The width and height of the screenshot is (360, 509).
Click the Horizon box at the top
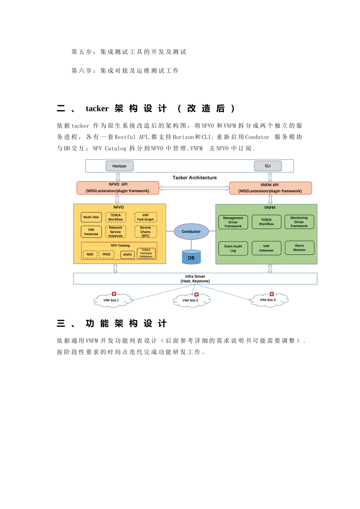pos(119,166)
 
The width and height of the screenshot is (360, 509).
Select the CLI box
pos(268,166)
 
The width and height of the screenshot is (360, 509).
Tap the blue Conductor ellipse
pos(191,231)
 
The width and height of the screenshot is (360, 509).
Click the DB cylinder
pos(191,257)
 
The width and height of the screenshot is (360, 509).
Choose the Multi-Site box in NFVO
pos(91,217)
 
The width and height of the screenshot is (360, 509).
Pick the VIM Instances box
pos(91,232)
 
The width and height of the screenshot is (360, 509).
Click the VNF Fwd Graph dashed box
pos(146,217)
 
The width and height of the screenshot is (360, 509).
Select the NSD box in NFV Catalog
pos(90,254)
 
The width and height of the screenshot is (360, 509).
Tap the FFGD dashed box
pos(106,254)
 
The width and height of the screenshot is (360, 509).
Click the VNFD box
pos(127,254)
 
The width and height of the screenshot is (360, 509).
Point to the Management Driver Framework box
pos(233,222)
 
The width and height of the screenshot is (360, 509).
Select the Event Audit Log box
pos(233,248)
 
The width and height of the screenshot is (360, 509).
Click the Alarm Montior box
pos(299,248)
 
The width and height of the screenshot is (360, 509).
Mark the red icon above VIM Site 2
pos(196,294)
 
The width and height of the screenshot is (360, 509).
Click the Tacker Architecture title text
pos(195,178)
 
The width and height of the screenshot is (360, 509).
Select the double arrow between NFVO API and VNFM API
pos(194,188)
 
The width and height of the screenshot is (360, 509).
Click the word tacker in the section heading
pos(97,109)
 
